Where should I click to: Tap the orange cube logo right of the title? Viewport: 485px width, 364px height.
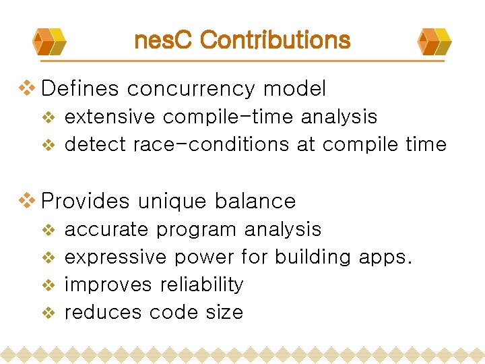[x=434, y=41]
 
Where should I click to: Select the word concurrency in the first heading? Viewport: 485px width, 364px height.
[x=191, y=89]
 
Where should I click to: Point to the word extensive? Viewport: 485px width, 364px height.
[x=109, y=117]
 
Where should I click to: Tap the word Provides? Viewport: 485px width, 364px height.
[x=85, y=201]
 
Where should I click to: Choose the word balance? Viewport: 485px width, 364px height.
[x=256, y=201]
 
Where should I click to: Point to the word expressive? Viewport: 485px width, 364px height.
[x=115, y=257]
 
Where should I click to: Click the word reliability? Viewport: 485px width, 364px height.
[x=201, y=284]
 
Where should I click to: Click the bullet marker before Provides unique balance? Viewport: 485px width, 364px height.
[x=26, y=200]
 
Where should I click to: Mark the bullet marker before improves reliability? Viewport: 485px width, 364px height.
[x=48, y=285]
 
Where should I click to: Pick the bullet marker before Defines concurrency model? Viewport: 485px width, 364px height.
[x=26, y=88]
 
